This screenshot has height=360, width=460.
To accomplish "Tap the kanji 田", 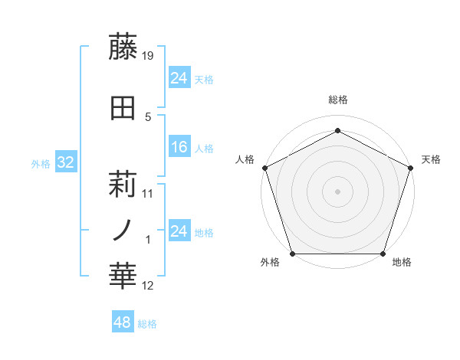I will click(x=123, y=109).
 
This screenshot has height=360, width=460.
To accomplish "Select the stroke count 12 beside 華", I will click(x=149, y=286).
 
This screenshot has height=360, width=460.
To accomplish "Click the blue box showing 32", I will click(x=65, y=162).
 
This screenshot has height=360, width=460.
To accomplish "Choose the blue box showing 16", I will click(x=179, y=147).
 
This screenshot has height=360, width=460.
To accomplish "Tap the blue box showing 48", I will click(x=123, y=322).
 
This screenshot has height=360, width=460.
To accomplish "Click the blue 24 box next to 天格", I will click(x=179, y=78).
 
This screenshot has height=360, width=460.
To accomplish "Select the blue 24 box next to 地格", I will click(x=179, y=231).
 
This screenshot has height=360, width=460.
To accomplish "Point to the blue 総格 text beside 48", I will click(x=147, y=324).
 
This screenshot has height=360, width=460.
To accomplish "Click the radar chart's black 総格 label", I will click(x=338, y=100).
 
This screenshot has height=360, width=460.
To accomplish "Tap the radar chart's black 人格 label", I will click(x=245, y=159).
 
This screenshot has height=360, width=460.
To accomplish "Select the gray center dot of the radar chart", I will click(x=338, y=191).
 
